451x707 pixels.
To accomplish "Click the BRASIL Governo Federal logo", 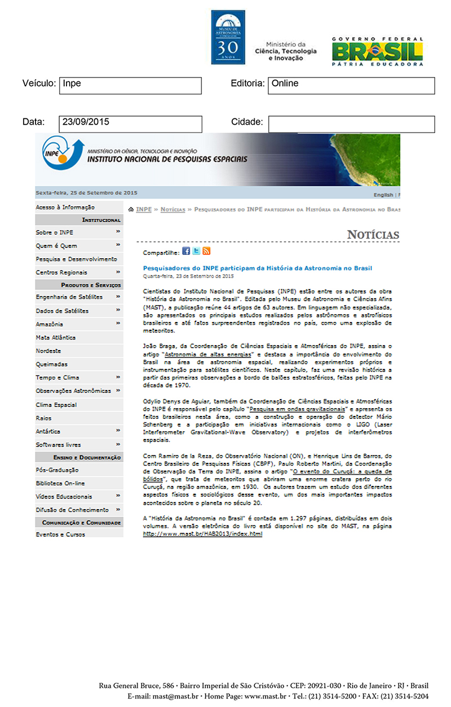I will point(377,51).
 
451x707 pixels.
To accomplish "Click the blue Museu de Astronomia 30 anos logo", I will point(228,37).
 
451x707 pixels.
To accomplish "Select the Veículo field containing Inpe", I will point(130,86).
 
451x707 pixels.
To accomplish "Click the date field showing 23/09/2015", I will point(130,124).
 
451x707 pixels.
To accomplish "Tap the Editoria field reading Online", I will point(351,86).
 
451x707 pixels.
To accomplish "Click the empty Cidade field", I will point(351,124).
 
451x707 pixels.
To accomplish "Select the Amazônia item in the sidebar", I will point(50,324).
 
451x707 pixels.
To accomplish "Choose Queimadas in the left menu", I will point(51,364).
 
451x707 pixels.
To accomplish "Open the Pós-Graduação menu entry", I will point(57,470).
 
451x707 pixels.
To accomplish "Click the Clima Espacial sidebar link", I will point(56,405).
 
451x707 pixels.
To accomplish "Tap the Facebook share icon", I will point(186,251).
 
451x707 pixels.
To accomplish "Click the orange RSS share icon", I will point(206,251).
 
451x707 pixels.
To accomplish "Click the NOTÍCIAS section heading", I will point(373,235).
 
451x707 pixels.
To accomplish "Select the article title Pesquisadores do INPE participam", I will point(258,268).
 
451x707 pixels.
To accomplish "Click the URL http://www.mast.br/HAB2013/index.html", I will point(202,533).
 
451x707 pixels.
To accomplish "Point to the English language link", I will point(383,195).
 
